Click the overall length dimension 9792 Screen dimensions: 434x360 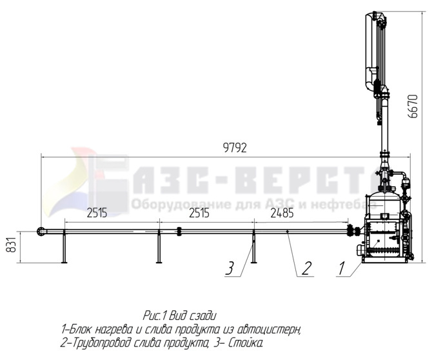[235, 148]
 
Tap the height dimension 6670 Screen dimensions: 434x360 [414, 106]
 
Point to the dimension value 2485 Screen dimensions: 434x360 [282, 214]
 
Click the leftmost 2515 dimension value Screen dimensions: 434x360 [97, 214]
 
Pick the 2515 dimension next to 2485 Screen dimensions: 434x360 [199, 214]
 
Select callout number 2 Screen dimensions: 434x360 [306, 268]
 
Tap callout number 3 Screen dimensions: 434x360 [230, 268]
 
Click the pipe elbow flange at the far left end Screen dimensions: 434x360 [41, 231]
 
